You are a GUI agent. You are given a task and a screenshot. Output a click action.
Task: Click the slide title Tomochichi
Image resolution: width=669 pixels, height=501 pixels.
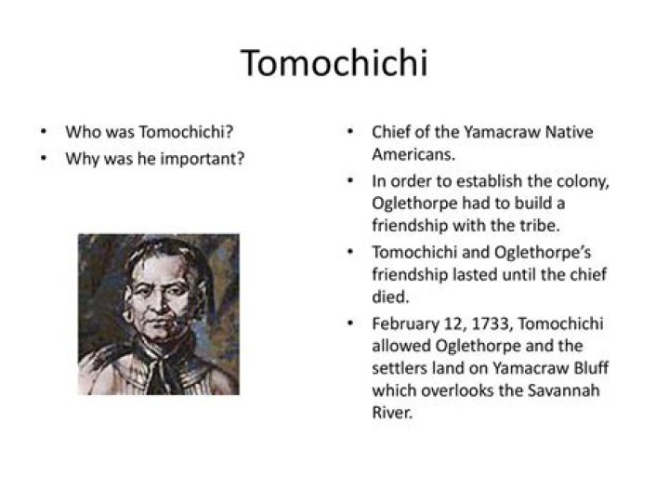point(334,63)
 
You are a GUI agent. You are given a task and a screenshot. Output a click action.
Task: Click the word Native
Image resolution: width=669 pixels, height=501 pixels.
point(570,132)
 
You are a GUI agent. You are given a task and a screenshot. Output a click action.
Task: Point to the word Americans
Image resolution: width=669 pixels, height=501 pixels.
point(413,154)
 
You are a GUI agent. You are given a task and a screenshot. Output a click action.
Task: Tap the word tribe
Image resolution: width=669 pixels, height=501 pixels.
point(540,225)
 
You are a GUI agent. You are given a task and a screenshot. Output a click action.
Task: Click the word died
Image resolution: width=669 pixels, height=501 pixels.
point(390,297)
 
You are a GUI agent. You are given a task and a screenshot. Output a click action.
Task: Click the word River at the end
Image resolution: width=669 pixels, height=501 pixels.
point(392,413)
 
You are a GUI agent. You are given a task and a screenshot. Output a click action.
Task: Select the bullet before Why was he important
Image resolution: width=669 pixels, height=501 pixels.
point(43,159)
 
